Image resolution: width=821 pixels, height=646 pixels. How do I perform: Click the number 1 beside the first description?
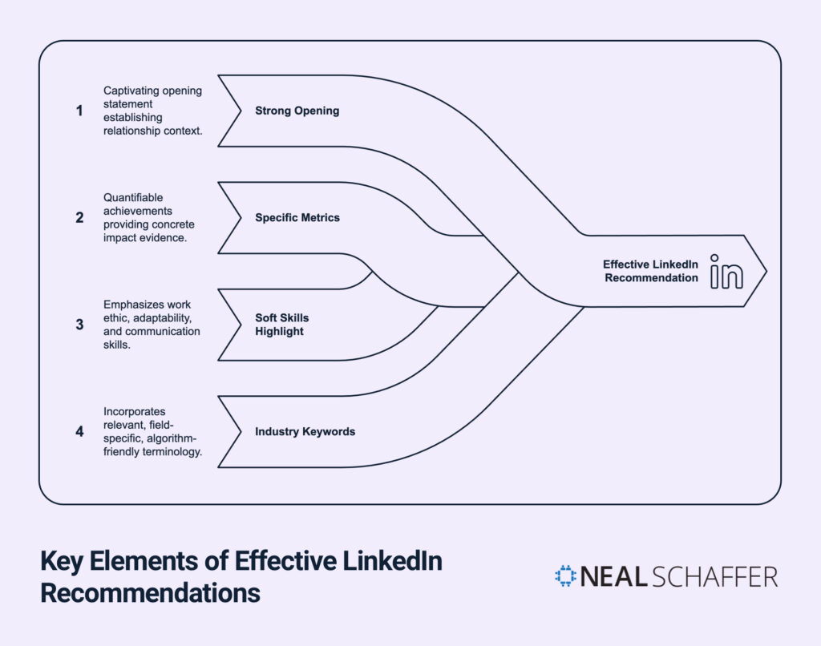[x=79, y=111]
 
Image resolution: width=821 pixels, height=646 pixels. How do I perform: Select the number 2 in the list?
[x=79, y=217]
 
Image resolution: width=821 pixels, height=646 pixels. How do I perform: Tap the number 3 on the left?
[x=79, y=325]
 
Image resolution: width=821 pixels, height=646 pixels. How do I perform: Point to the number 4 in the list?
[x=79, y=431]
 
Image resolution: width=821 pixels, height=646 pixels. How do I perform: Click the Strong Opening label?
[x=297, y=111]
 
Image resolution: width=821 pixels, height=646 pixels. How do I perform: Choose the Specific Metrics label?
[x=297, y=217]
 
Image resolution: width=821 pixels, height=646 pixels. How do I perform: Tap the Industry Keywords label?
[x=305, y=431]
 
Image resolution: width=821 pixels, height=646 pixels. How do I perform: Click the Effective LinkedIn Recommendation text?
[x=651, y=271]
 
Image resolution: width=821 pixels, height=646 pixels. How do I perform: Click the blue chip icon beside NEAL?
[x=565, y=576]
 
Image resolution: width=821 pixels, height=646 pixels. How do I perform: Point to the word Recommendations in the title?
[x=150, y=594]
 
